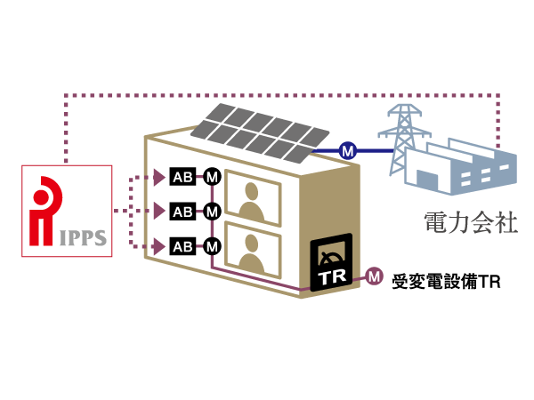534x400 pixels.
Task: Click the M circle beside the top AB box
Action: pos(212,176)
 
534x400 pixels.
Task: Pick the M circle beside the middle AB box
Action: pos(212,212)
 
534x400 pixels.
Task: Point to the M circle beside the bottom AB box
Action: pos(212,245)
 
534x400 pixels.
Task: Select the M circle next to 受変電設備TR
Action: pos(374,276)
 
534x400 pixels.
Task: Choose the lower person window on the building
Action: pos(254,246)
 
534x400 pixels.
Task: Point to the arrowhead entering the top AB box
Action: pos(160,176)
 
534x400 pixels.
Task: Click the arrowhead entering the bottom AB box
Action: pos(160,245)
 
